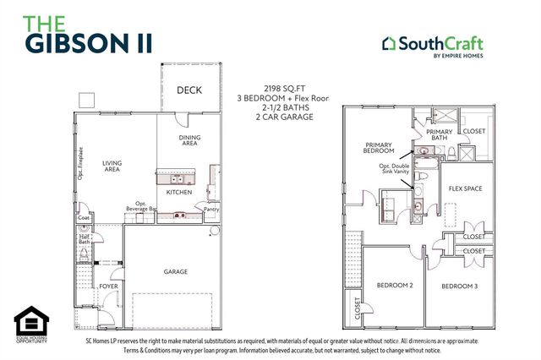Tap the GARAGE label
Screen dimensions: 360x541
176,271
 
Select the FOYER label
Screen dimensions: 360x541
109,286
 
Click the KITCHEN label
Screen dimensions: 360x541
179,193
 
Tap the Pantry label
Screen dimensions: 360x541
211,209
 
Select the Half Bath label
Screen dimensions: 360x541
85,239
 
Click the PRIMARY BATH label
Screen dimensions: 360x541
440,136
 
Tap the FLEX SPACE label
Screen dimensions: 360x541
465,188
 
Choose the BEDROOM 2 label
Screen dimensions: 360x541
394,286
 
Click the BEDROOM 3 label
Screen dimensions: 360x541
460,286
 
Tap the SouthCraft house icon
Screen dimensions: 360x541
388,42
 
